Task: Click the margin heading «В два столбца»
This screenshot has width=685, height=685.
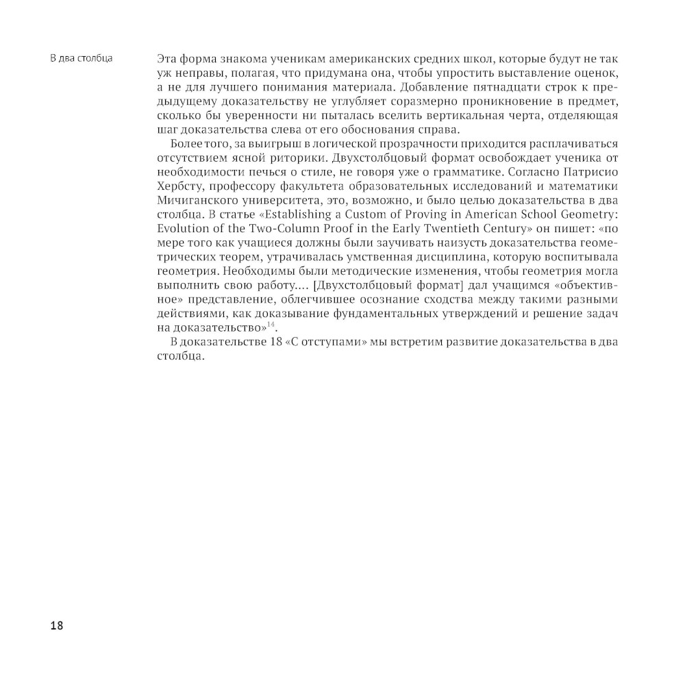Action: tap(82, 57)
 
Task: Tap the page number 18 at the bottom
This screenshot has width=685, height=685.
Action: tap(56, 625)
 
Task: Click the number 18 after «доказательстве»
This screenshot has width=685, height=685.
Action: tap(268, 342)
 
